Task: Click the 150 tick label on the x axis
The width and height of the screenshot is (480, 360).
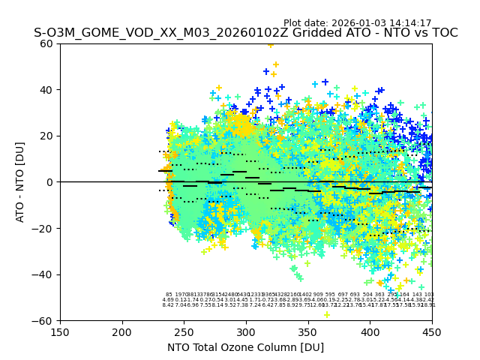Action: [x=60, y=332]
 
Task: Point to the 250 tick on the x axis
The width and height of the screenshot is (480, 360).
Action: [x=184, y=332]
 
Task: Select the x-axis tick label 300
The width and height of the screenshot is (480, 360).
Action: [x=246, y=332]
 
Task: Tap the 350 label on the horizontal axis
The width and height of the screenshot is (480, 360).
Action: [x=308, y=332]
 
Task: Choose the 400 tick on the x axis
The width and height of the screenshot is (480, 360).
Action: [x=370, y=332]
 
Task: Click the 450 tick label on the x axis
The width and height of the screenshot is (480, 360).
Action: [x=432, y=332]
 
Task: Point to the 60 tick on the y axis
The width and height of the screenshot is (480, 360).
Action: [x=46, y=43]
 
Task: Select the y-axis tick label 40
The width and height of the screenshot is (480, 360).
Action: [x=46, y=90]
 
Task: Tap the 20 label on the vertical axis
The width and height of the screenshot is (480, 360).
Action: [x=46, y=136]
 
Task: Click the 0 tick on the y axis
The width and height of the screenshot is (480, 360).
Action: [x=50, y=182]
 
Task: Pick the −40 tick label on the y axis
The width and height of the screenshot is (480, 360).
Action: [x=43, y=274]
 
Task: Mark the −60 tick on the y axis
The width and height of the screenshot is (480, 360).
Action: [x=43, y=320]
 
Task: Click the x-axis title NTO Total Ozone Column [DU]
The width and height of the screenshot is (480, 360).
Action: [x=245, y=347]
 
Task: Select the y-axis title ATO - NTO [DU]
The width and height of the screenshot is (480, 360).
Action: [x=20, y=182]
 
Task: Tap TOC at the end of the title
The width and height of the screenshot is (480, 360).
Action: [x=444, y=33]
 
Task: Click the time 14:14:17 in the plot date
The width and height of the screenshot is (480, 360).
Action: [x=408, y=23]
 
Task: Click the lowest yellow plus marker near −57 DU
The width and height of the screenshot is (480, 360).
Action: [x=326, y=314]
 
